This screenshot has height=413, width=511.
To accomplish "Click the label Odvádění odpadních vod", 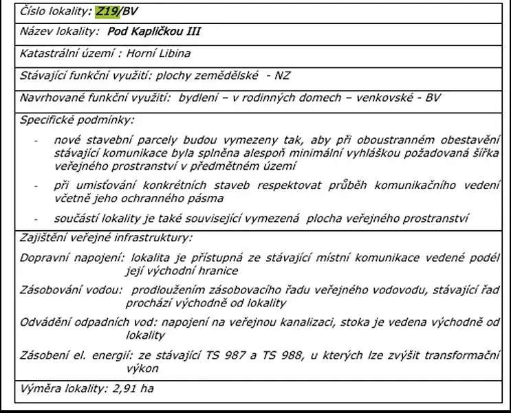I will click(89, 322).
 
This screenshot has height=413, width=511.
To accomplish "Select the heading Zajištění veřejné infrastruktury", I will click(106, 238).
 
